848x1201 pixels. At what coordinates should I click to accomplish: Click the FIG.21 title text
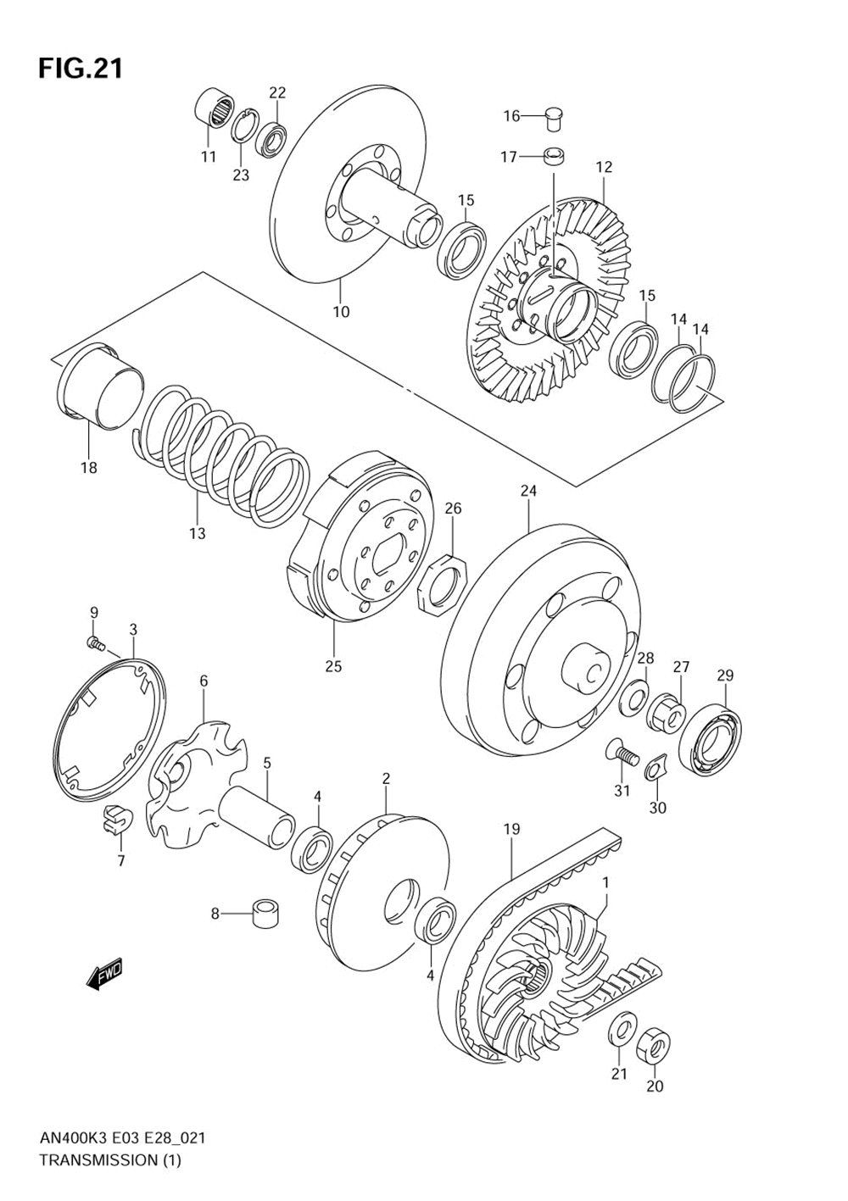tap(81, 69)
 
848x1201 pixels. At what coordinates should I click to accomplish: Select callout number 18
tap(88, 467)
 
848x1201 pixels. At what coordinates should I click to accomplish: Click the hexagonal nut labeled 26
tap(444, 584)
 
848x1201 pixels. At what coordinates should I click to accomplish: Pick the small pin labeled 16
tap(555, 117)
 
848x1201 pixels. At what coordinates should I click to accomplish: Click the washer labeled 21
tap(622, 1028)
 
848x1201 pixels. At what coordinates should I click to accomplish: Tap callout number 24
tap(528, 491)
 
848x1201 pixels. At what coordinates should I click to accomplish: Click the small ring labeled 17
tap(554, 156)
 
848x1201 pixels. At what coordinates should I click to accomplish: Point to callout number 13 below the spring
tap(197, 533)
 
